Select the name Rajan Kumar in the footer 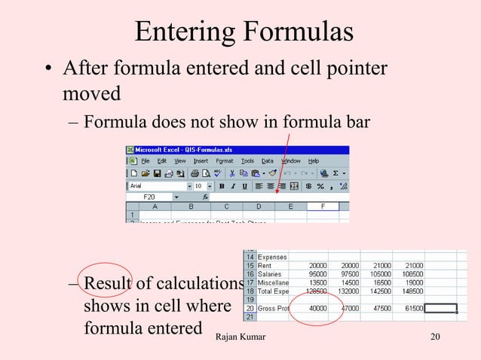click(240, 335)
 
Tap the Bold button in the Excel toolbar click(222, 185)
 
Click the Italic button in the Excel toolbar click(234, 185)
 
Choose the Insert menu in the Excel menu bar click(201, 160)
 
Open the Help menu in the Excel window click(314, 160)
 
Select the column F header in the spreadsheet click(323, 206)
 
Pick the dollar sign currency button click(308, 185)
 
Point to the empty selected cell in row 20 click(440, 308)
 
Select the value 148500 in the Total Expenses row click(409, 290)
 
